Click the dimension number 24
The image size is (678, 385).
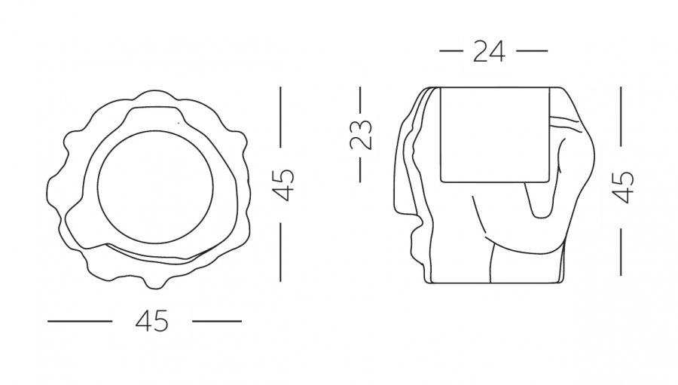(489, 51)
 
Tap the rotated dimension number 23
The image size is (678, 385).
(361, 135)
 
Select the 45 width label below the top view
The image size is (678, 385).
(151, 322)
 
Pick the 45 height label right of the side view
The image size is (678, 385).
(623, 188)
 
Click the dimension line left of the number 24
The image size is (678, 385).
(451, 51)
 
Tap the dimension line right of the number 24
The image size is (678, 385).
(532, 51)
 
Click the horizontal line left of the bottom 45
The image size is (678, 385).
(80, 322)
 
